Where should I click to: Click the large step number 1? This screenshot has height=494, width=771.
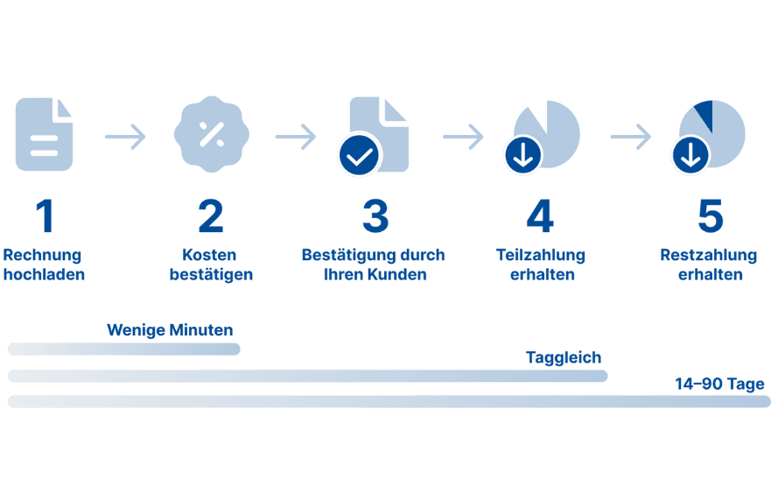pos(45,217)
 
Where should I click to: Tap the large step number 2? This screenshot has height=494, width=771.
pos(210,217)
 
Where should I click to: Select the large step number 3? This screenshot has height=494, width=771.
pos(375,217)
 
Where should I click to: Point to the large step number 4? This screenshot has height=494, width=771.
pos(540,217)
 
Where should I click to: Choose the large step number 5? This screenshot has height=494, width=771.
pos(710,217)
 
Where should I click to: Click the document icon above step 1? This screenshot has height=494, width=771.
pos(45,134)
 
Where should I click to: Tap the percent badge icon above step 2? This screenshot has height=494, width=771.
pos(210,134)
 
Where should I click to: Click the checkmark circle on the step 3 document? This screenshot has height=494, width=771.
pos(359,156)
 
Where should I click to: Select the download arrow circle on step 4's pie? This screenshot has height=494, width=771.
pos(522,156)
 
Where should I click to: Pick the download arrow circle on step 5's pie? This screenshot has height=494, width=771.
pos(690,156)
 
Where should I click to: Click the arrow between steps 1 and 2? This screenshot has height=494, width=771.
pos(125,137)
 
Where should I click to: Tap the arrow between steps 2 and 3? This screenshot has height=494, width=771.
pos(295,137)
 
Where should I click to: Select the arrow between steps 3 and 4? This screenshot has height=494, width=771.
pos(463,137)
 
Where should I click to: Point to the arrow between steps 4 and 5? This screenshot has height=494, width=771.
pos(631,137)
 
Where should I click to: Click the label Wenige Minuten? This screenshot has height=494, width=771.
pos(170,330)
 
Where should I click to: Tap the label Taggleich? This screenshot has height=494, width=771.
pos(564,357)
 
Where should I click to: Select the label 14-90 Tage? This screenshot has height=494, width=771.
pos(719,384)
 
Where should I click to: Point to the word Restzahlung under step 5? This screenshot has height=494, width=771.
pos(708,256)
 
